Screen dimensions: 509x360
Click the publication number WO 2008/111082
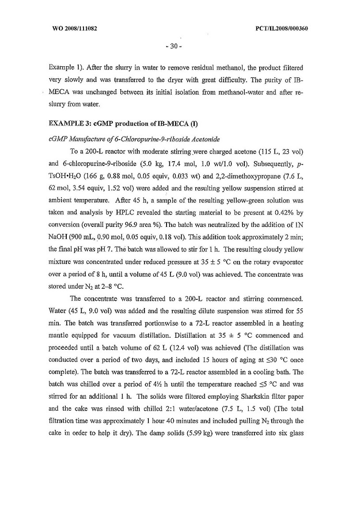pyautogui.click(x=74, y=28)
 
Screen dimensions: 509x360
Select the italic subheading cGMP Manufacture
pyautogui.click(x=121, y=139)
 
